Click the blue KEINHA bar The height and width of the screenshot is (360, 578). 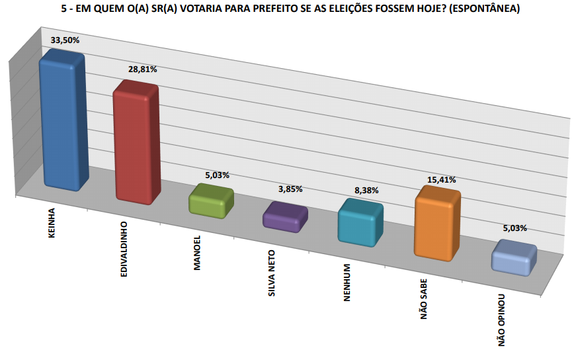(x=62, y=122)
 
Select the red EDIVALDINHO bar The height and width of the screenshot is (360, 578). (x=136, y=142)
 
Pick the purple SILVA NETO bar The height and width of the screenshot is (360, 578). (x=286, y=217)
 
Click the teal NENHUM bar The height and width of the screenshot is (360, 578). (x=360, y=224)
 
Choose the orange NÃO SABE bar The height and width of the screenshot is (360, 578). (x=436, y=224)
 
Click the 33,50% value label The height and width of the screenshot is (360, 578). (x=65, y=40)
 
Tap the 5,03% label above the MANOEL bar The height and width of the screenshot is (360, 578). (x=217, y=175)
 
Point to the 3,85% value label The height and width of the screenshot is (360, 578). (x=290, y=189)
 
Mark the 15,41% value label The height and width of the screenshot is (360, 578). (x=442, y=179)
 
